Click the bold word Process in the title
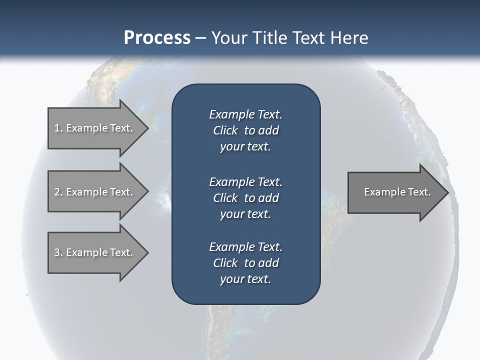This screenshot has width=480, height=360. pyautogui.click(x=157, y=38)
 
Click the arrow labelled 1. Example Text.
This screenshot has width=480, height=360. pyautogui.click(x=93, y=128)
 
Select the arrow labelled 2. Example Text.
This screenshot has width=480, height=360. pyautogui.click(x=93, y=192)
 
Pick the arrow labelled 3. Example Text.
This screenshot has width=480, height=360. pyautogui.click(x=93, y=252)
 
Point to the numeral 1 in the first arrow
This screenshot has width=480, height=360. pyautogui.click(x=57, y=128)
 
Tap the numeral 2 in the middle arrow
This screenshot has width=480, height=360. pyautogui.click(x=57, y=192)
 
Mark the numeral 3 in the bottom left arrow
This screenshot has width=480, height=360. pyautogui.click(x=57, y=252)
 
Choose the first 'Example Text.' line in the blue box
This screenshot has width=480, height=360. pyautogui.click(x=245, y=114)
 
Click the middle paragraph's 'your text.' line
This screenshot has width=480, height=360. pyautogui.click(x=245, y=214)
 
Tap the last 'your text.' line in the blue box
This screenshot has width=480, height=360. pyautogui.click(x=245, y=279)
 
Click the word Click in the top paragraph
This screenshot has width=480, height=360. pyautogui.click(x=225, y=130)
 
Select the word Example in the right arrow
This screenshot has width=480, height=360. pyautogui.click(x=382, y=192)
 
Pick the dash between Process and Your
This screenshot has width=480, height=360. pyautogui.click(x=200, y=38)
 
